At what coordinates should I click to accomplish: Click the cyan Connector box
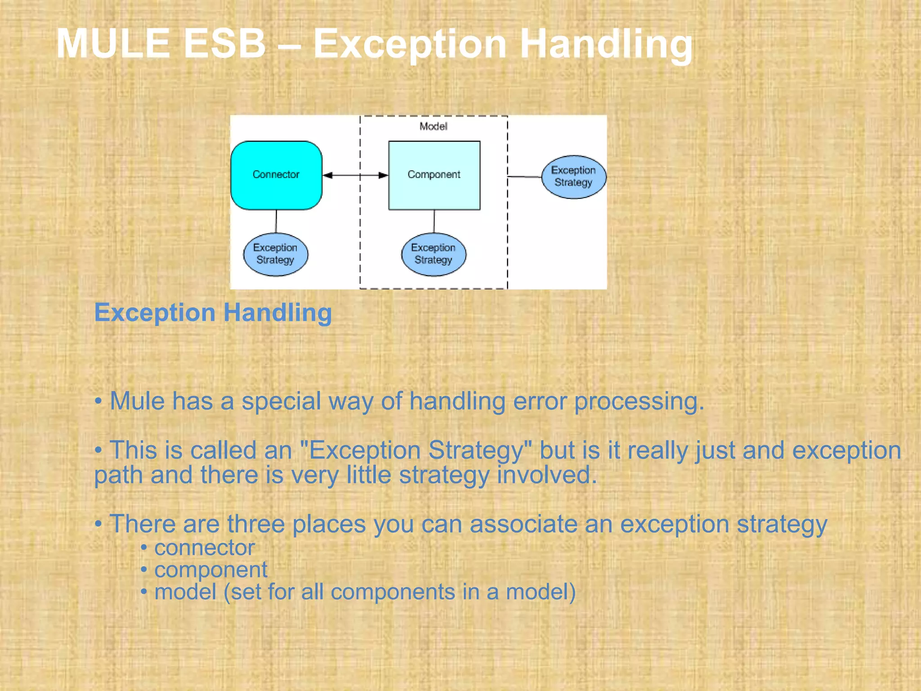pyautogui.click(x=276, y=175)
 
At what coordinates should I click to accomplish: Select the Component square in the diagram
pyautogui.click(x=434, y=175)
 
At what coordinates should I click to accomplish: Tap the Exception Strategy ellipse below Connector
pyautogui.click(x=276, y=254)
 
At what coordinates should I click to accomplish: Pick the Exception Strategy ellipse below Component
pyautogui.click(x=434, y=254)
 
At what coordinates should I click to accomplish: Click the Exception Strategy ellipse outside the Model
pyautogui.click(x=573, y=177)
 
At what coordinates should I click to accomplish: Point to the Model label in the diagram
pyautogui.click(x=433, y=126)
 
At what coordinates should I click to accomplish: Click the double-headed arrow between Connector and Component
pyautogui.click(x=355, y=175)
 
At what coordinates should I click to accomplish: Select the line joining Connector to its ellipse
pyautogui.click(x=276, y=221)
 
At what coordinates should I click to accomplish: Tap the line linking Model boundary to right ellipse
pyautogui.click(x=524, y=177)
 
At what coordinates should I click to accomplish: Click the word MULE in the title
pyautogui.click(x=113, y=44)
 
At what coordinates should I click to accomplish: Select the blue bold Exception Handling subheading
pyautogui.click(x=213, y=312)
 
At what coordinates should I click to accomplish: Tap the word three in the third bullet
pyautogui.click(x=255, y=524)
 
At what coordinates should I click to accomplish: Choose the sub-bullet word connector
pyautogui.click(x=204, y=547)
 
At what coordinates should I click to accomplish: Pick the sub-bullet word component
pyautogui.click(x=210, y=570)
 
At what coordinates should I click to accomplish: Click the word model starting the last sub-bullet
pyautogui.click(x=185, y=592)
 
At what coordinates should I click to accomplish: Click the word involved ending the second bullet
pyautogui.click(x=546, y=475)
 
